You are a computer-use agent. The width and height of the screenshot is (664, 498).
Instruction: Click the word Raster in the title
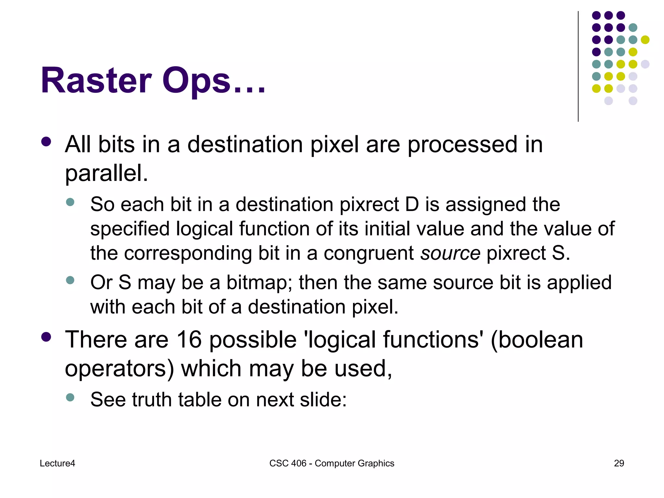tap(96, 80)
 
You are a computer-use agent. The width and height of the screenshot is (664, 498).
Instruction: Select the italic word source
tap(450, 253)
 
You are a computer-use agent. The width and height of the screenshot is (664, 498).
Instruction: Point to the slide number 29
tap(619, 463)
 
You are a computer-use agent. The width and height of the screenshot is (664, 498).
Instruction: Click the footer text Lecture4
tap(57, 463)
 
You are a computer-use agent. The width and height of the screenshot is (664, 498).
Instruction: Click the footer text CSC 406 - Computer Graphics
tap(332, 463)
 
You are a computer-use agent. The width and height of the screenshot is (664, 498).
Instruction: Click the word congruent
tap(368, 253)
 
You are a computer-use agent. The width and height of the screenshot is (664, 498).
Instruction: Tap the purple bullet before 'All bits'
tap(46, 142)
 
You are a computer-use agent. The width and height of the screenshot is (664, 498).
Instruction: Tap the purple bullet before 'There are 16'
tap(46, 337)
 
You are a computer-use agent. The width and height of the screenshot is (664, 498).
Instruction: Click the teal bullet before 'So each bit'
tap(70, 202)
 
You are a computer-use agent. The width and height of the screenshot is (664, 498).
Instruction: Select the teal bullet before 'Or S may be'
tap(70, 280)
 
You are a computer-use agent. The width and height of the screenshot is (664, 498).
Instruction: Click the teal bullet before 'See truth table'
tap(70, 397)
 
